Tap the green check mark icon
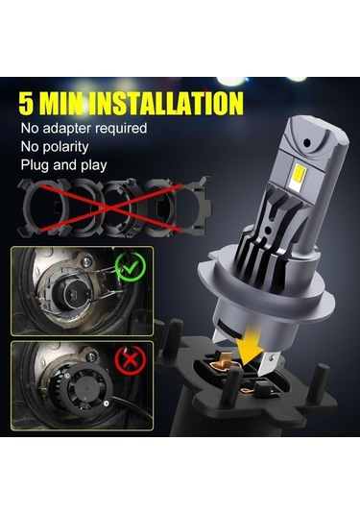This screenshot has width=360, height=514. [x=123, y=266]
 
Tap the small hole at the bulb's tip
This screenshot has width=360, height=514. [x=308, y=140]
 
